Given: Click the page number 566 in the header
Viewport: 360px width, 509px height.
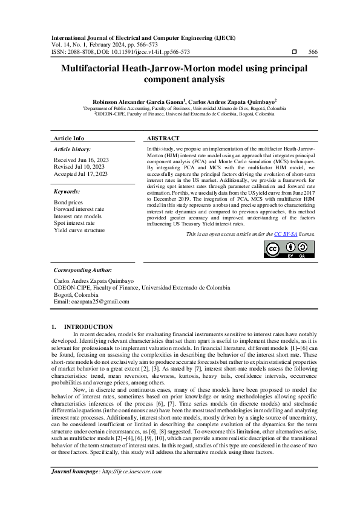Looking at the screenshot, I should click(313, 52).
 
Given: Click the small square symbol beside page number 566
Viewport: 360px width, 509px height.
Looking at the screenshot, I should click(293, 52).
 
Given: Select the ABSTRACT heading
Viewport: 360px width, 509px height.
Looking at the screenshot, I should click(163, 138).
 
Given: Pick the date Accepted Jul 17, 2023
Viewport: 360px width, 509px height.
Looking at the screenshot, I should click(80, 173).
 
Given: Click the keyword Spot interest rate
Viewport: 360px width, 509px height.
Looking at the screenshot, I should click(76, 222).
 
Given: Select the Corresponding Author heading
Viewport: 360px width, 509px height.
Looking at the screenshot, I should click(82, 270).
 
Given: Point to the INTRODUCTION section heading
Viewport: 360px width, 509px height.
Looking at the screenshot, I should click(88, 326).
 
